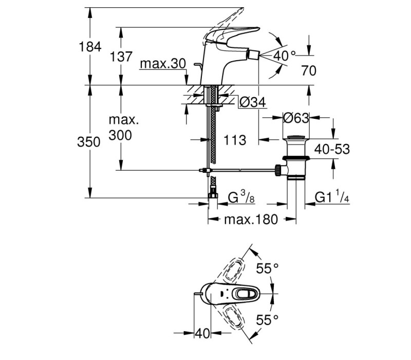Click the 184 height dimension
point(90,47)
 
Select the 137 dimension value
point(121,57)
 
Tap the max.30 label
point(163,64)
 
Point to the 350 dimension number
point(88,142)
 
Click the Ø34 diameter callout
point(252,102)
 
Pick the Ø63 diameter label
point(296,118)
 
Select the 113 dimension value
point(235,140)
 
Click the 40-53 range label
point(332,149)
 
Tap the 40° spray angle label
point(285,56)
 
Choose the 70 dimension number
point(309,70)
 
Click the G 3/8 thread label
point(241,197)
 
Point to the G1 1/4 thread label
point(332,197)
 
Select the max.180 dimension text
point(251,220)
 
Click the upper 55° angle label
point(267,268)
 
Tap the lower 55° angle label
point(267,319)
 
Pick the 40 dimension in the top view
point(202,333)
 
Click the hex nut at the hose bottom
point(213,196)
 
